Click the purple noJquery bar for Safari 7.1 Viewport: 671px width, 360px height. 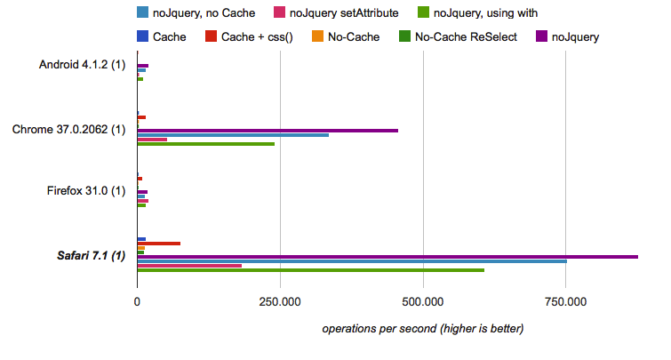387,257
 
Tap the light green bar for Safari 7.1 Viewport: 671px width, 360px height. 311,269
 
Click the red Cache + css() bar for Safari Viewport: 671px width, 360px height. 159,244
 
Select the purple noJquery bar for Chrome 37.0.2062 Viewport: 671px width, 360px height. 267,131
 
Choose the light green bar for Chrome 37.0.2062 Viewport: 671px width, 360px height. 205,143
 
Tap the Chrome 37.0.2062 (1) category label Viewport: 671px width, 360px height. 68,130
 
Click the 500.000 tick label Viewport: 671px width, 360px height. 424,303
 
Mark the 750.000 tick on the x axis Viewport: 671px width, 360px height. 566,303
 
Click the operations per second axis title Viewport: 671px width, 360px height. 423,329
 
